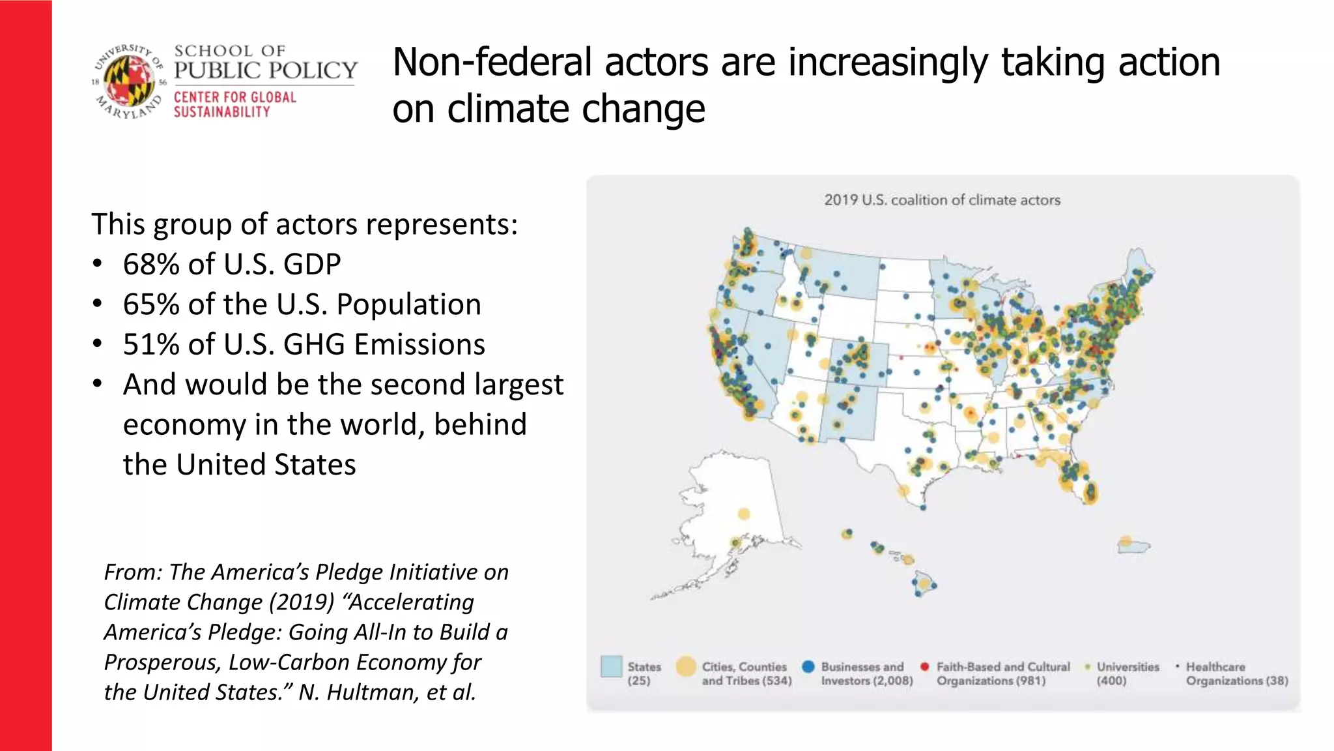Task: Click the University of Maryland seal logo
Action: click(x=128, y=81)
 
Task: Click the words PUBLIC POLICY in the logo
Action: click(x=266, y=70)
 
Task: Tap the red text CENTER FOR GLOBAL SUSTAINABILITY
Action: click(x=234, y=104)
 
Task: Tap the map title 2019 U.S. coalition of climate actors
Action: click(x=942, y=200)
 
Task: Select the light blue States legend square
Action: click(x=611, y=666)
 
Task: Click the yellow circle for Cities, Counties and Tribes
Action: click(x=686, y=666)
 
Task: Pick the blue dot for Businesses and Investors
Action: click(x=808, y=666)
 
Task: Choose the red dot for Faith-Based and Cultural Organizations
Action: click(x=924, y=666)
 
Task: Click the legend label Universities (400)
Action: click(x=1128, y=673)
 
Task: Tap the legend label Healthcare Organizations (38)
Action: click(x=1236, y=673)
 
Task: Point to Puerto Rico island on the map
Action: click(x=1133, y=546)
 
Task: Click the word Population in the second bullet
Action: click(x=408, y=304)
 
